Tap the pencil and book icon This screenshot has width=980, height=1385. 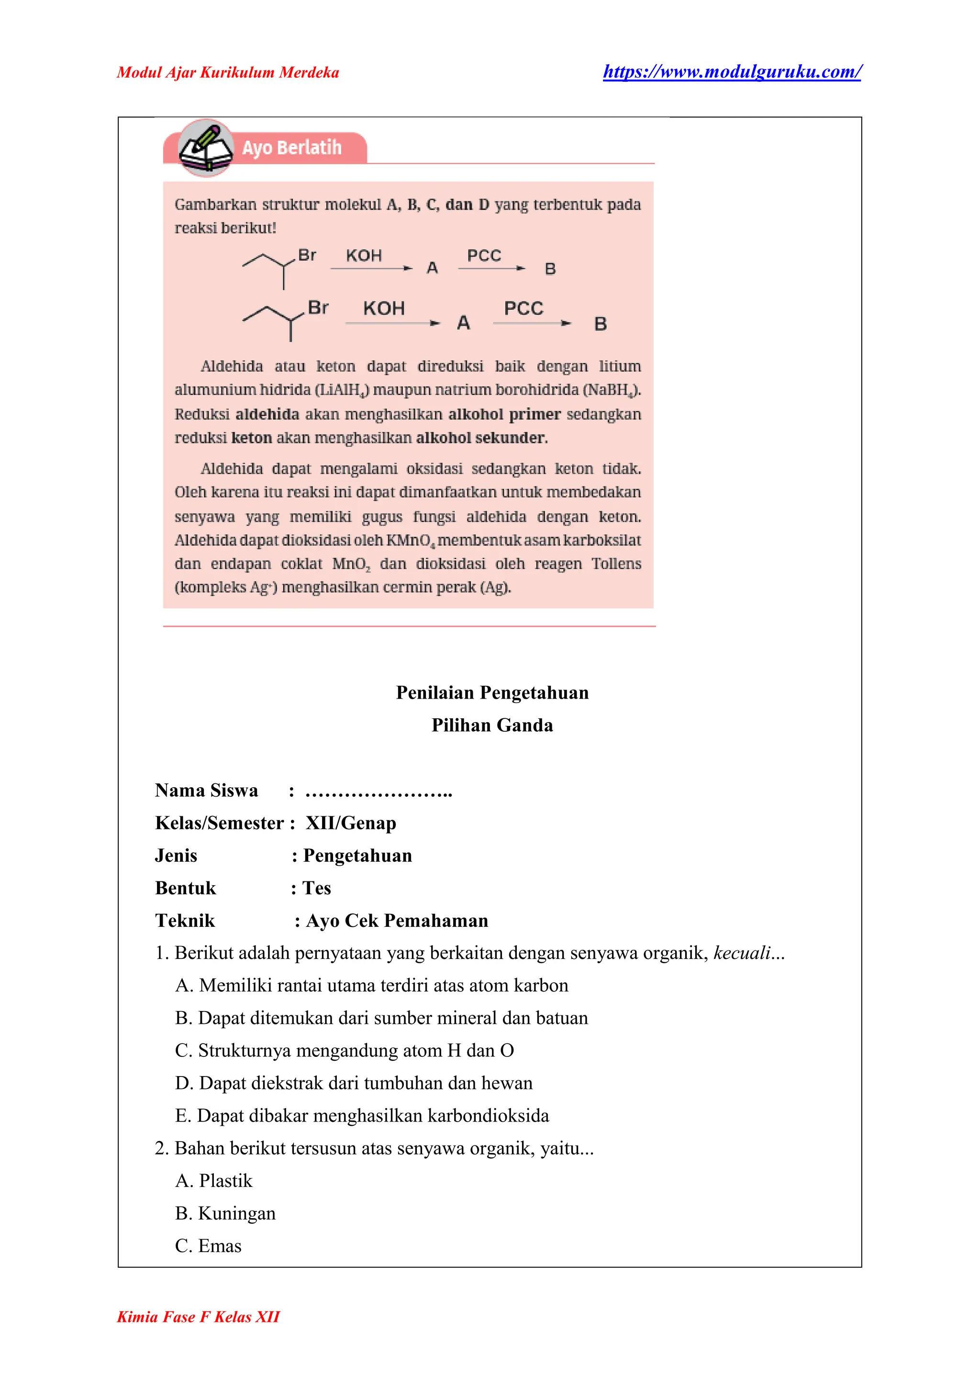pos(206,148)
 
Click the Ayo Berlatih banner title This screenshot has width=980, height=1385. pos(291,148)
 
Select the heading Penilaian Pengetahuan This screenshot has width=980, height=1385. pos(492,692)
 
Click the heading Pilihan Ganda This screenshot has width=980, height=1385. pos(492,725)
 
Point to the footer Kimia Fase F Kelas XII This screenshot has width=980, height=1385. pos(198,1317)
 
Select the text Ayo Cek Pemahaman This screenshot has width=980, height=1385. pos(397,921)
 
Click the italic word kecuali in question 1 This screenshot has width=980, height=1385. pos(742,953)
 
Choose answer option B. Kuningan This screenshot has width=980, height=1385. pos(225,1213)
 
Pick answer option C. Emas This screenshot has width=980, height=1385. pos(208,1246)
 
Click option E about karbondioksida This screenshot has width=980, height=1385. pos(362,1115)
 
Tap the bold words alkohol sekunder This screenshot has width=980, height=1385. pos(481,438)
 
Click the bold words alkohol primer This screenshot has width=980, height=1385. pos(504,415)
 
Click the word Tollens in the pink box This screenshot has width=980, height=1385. pos(615,563)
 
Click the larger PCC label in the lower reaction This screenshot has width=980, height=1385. pos(523,308)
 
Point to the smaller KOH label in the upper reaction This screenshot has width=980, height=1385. pos(363,256)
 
